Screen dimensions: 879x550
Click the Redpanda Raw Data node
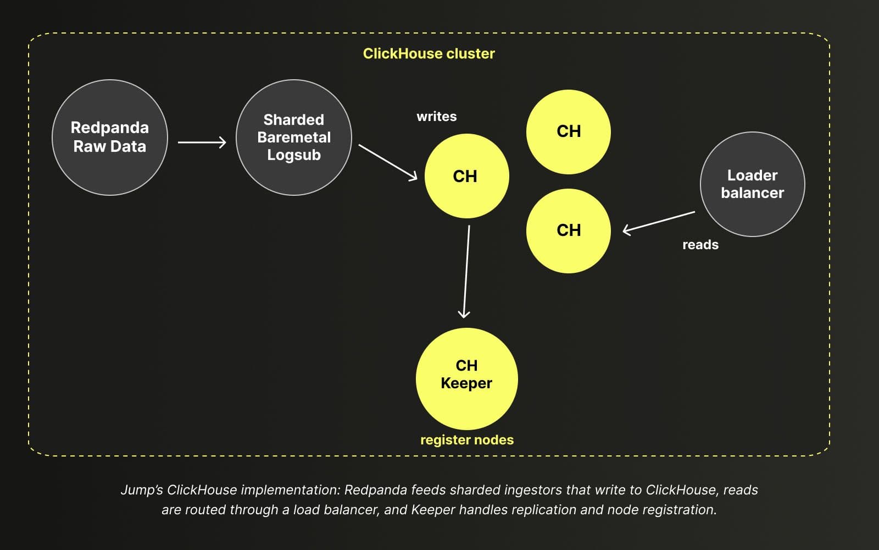coord(110,137)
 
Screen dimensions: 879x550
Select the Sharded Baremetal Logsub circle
coord(294,137)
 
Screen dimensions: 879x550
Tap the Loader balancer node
coord(753,184)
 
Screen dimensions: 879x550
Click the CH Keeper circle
coord(466,379)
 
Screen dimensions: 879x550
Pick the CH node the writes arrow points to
coord(466,176)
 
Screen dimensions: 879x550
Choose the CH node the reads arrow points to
coord(568,231)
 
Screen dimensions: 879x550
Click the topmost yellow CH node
coord(568,132)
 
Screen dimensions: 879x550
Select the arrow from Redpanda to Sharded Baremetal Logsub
coord(202,142)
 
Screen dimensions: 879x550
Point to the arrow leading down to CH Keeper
coord(466,272)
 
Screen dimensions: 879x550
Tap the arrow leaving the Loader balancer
coord(659,223)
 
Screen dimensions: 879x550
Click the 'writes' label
coord(437,117)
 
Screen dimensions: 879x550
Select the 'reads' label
coord(700,245)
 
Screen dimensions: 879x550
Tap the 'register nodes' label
coord(467,440)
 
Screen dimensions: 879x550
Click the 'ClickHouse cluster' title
coord(429,53)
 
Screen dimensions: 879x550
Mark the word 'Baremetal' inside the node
coord(294,137)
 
